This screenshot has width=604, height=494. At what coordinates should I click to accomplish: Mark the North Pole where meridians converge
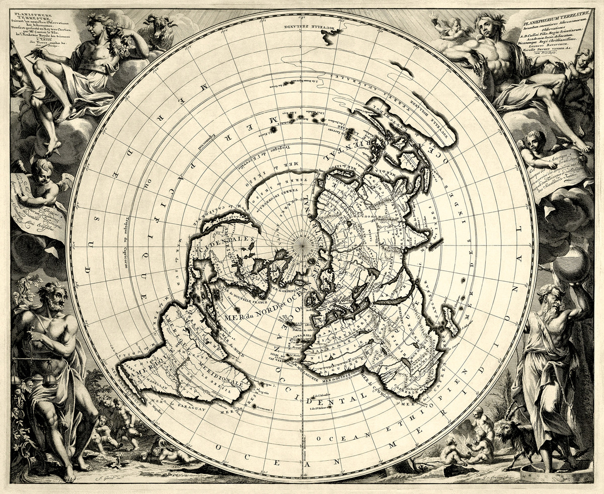click(303, 245)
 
